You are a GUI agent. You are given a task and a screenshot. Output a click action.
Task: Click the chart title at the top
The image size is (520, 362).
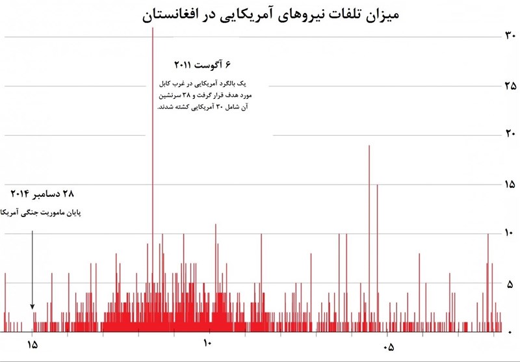coord(272,15)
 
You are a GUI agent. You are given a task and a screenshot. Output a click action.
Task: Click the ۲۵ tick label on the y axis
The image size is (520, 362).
coord(510,86)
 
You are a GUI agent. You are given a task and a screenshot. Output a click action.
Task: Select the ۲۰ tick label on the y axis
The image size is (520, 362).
coord(510,135)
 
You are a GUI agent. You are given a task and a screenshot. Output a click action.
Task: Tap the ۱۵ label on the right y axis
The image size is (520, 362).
coord(510,185)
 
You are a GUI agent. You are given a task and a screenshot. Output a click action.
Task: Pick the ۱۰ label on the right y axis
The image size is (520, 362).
coord(510,233)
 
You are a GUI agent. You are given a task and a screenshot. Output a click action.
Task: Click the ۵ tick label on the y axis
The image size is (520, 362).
coord(510,283)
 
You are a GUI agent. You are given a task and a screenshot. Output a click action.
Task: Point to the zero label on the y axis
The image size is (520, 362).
coord(510,332)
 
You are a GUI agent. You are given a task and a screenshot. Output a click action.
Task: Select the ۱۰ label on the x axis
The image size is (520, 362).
coord(207,344)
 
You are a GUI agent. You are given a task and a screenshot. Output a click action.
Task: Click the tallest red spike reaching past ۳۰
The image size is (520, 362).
coord(153,162)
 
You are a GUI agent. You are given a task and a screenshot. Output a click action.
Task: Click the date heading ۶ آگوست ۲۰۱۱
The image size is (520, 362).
coord(202,65)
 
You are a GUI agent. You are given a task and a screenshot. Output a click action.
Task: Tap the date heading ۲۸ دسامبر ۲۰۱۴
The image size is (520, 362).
coord(43,194)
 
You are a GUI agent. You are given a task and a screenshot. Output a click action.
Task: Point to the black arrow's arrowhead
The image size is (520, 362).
coord(32,306)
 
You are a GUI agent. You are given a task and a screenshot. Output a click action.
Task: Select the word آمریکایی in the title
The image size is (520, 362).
coord(267,15)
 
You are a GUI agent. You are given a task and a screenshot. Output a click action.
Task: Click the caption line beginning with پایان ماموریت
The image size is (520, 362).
coord(43,213)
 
